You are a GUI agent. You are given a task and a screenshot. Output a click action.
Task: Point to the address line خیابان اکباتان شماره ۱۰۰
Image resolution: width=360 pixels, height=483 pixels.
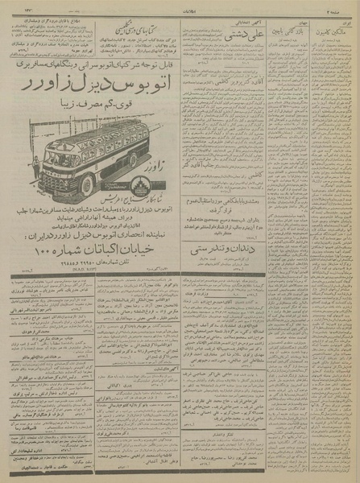point(97,250)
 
